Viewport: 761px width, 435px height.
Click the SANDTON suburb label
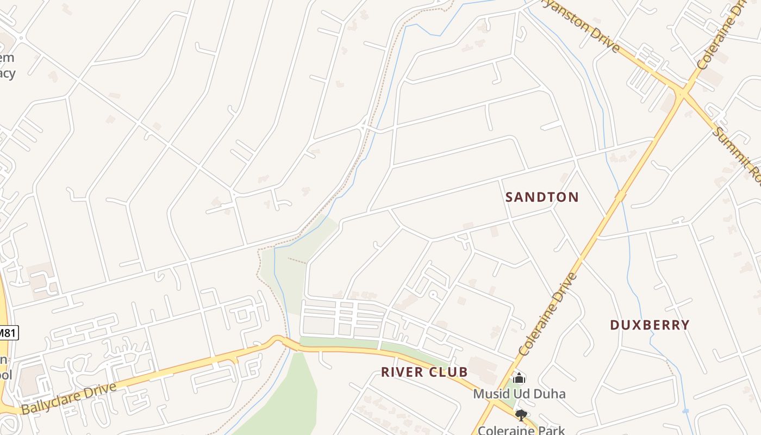coord(542,197)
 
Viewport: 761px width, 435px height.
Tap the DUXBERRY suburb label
coord(650,325)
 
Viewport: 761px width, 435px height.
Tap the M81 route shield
coord(8,332)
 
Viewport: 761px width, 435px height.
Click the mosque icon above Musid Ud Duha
coord(519,378)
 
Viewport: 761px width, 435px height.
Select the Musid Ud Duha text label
coord(519,394)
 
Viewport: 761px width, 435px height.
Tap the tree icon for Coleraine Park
coord(521,416)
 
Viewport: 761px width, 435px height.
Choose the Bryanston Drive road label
coord(587,27)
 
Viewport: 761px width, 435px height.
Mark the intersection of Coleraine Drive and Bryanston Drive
coord(681,94)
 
